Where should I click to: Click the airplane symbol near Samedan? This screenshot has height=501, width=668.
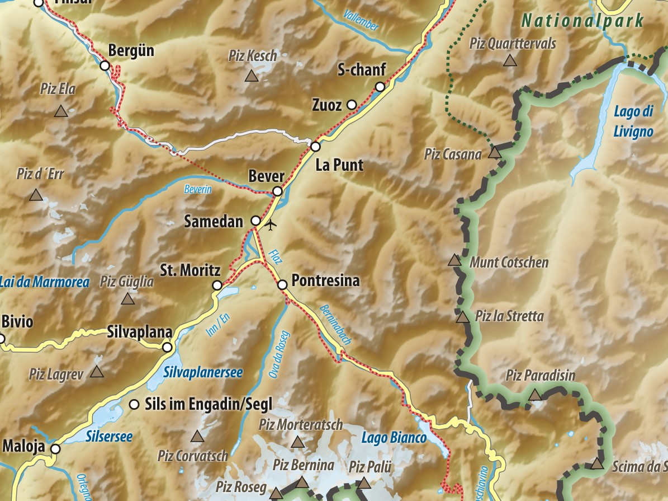[271, 226]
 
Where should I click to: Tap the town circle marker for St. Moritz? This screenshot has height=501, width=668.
[217, 285]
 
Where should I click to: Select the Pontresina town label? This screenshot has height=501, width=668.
[325, 281]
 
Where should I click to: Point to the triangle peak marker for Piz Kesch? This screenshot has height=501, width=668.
[252, 76]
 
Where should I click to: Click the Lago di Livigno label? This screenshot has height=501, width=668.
[633, 121]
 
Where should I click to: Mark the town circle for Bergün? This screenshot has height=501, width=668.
[105, 65]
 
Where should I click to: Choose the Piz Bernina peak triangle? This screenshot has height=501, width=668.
[302, 483]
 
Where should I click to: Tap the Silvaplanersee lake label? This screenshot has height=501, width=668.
[203, 372]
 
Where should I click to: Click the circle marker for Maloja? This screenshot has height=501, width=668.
[55, 448]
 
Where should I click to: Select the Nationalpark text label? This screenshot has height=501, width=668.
[582, 21]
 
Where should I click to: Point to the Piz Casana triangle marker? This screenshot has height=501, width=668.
[494, 152]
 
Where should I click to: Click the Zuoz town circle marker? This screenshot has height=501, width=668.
[352, 104]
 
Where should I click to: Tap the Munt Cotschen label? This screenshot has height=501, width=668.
[509, 262]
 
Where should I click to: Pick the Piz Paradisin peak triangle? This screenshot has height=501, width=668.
[535, 395]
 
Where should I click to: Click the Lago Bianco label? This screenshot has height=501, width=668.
[394, 438]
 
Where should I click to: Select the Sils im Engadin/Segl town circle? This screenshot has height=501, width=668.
[134, 404]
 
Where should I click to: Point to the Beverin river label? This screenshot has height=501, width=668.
[198, 190]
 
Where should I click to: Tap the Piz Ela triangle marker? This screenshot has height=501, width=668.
[61, 111]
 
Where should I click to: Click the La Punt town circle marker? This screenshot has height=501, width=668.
[315, 147]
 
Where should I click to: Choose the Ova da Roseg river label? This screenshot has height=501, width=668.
[280, 355]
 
